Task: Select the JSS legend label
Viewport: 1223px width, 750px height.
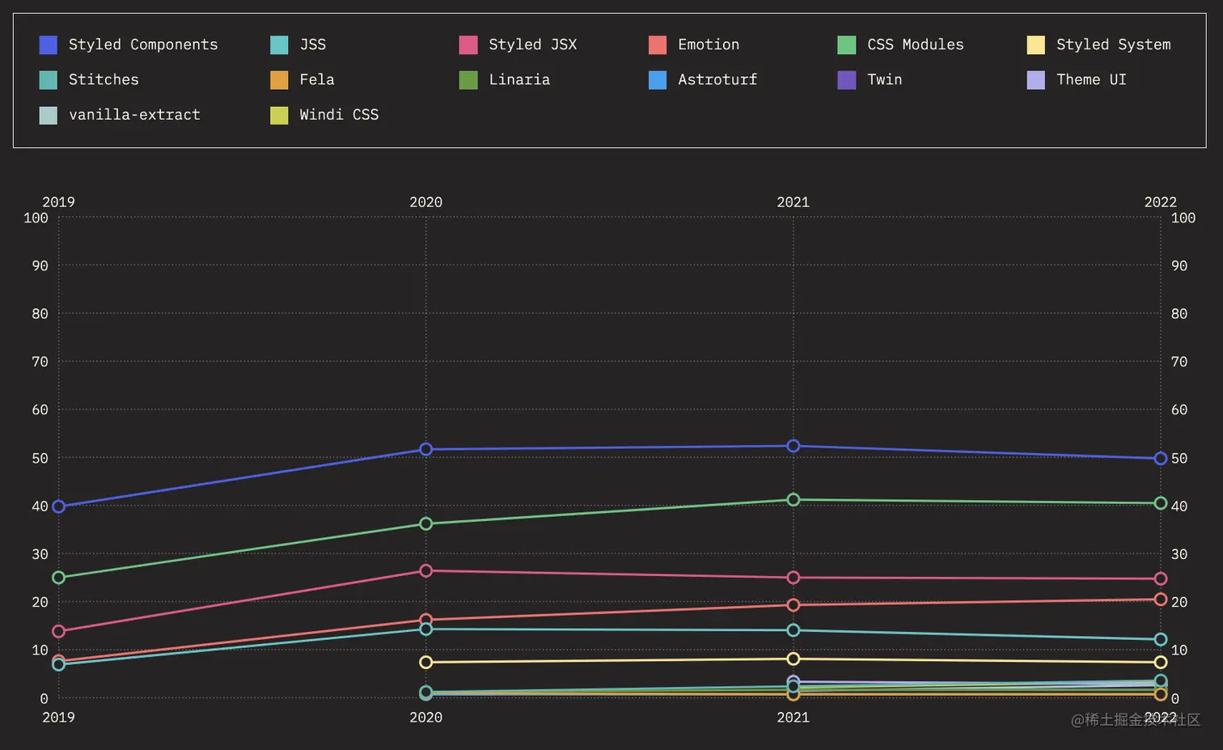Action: (312, 44)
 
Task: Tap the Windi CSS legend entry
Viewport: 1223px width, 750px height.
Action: (338, 115)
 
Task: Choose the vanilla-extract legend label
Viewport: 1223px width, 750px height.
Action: (134, 115)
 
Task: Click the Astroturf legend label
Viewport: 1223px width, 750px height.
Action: (717, 79)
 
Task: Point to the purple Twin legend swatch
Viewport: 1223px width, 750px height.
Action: (846, 79)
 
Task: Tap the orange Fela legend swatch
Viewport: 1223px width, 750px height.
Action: (279, 79)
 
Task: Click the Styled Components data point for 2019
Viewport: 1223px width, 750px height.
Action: (58, 506)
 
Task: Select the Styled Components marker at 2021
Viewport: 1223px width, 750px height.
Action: (793, 446)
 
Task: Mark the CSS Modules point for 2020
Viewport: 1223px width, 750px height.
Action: (426, 524)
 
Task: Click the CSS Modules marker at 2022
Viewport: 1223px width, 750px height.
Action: (1161, 503)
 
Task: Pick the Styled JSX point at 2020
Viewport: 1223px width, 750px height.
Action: (426, 570)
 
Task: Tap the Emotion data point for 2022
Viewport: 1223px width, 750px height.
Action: (1161, 600)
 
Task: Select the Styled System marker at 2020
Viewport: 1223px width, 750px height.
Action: (426, 662)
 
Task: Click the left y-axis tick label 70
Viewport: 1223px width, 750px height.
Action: (40, 362)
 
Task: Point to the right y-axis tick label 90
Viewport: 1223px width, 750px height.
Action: (1179, 265)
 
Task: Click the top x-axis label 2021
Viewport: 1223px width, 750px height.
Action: (793, 202)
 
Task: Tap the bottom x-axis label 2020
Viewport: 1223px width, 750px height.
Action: (425, 718)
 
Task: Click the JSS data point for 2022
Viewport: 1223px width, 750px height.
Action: (1161, 639)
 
